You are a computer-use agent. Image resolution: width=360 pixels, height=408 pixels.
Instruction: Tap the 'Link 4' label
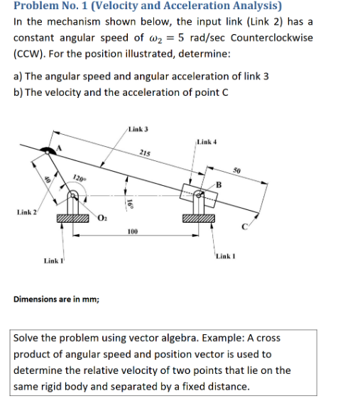[207, 142]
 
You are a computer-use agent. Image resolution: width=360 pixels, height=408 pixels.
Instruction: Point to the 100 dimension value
[132, 231]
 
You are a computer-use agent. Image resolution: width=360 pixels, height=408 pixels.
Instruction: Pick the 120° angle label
[79, 177]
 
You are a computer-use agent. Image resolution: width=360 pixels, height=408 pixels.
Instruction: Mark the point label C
[244, 228]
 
